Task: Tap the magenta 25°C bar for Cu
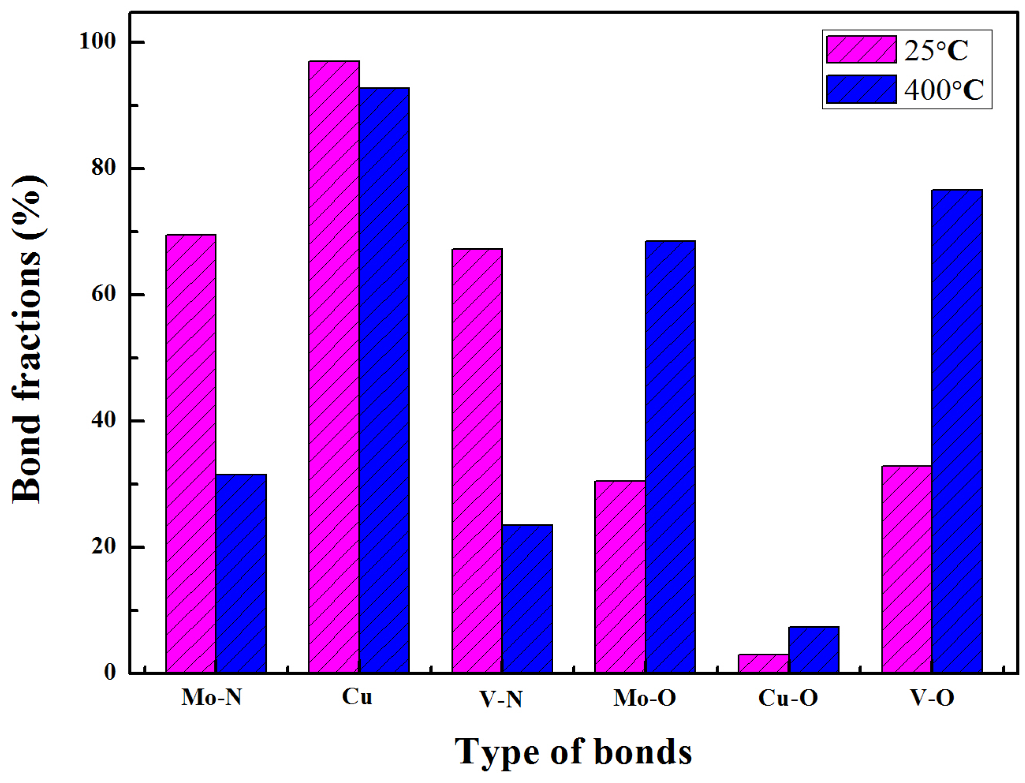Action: pyautogui.click(x=334, y=367)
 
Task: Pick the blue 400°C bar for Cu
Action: pyautogui.click(x=384, y=380)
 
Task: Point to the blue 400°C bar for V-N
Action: pyautogui.click(x=528, y=599)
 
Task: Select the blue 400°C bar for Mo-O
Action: pyautogui.click(x=670, y=456)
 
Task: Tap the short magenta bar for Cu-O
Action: pyautogui.click(x=763, y=663)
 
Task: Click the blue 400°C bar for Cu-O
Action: pyautogui.click(x=814, y=650)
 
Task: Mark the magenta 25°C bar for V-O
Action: pyautogui.click(x=907, y=569)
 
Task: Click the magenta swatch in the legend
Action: pyautogui.click(x=861, y=49)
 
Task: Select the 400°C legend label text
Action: pyautogui.click(x=944, y=90)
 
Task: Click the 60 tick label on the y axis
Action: pyautogui.click(x=103, y=295)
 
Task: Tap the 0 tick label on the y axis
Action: pyautogui.click(x=110, y=673)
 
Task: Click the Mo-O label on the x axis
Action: pyautogui.click(x=645, y=698)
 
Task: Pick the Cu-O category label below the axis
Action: pyautogui.click(x=788, y=698)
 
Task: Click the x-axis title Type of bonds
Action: pyautogui.click(x=573, y=752)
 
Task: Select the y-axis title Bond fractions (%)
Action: pyautogui.click(x=27, y=340)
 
